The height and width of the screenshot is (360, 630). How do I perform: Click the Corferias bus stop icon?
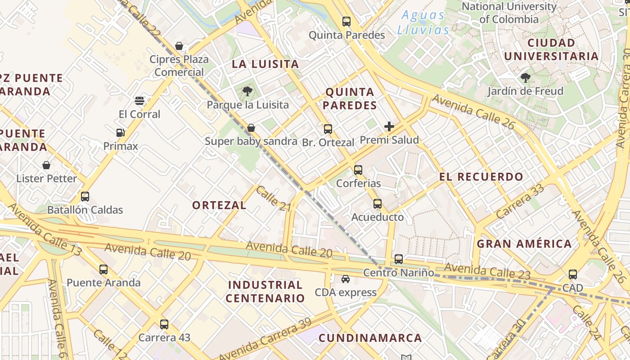[358, 170]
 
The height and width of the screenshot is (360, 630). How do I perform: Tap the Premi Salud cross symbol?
[389, 126]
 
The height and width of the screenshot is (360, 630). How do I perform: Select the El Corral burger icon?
[139, 100]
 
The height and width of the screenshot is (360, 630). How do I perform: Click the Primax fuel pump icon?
[120, 133]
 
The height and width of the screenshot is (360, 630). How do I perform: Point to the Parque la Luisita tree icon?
[247, 91]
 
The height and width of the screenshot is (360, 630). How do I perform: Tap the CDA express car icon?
[346, 279]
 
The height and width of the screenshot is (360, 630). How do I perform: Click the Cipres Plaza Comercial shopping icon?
[179, 46]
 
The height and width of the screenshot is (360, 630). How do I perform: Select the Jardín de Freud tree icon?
[525, 78]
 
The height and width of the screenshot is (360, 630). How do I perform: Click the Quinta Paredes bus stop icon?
[346, 21]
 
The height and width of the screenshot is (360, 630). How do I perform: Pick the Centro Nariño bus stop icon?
[399, 259]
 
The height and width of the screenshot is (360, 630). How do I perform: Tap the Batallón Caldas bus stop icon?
[85, 197]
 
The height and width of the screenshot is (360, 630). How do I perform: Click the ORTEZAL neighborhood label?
[219, 206]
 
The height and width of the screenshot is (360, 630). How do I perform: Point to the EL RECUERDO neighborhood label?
[481, 177]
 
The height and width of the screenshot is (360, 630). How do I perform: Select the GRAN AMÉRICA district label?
[524, 244]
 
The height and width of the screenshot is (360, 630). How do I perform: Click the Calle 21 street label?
[274, 198]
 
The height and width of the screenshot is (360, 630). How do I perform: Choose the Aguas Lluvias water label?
[423, 22]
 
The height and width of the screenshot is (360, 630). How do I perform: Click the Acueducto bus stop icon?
[378, 204]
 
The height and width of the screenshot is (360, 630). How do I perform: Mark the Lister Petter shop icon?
[46, 165]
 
